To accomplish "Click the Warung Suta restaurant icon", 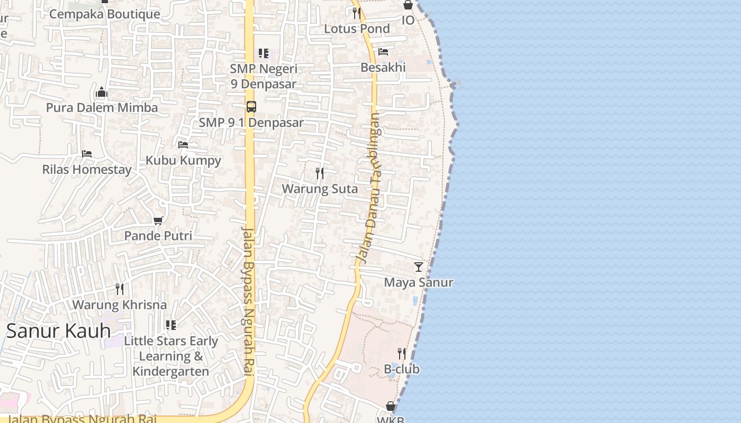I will (320, 173).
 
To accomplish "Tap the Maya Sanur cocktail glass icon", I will (419, 266).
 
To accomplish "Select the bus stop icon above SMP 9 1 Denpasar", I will (251, 106).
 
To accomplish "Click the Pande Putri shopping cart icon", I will (158, 220).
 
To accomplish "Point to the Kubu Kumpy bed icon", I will (183, 144).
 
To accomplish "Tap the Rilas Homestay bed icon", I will (87, 154).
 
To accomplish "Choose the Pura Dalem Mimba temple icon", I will (102, 93).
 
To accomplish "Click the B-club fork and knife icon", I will (402, 353).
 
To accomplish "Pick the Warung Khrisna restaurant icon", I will (120, 289).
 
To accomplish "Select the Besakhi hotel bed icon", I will (383, 52).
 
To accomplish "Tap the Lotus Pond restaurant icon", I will (357, 13).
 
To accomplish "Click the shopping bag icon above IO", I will (408, 5).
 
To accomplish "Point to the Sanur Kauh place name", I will (58, 331).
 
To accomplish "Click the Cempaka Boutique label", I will (104, 14).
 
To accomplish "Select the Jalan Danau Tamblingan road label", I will (369, 188).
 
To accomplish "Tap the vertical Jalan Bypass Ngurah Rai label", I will (247, 301).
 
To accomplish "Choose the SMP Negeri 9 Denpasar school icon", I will (263, 53).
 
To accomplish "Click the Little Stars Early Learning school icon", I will (170, 325).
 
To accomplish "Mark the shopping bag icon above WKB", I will (391, 406).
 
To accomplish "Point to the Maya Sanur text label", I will (419, 282).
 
